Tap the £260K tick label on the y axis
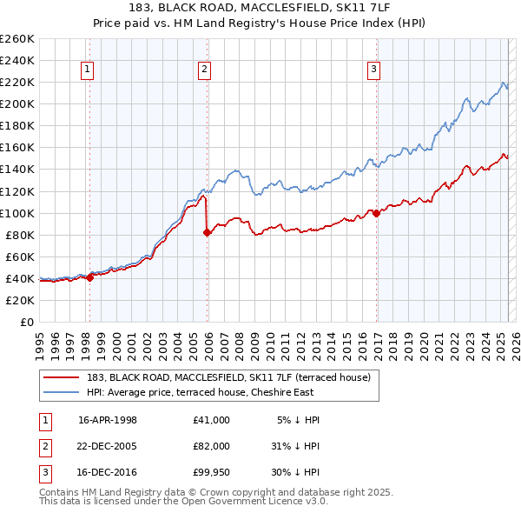pyautogui.click(x=17, y=39)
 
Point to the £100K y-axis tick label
pyautogui.click(x=17, y=213)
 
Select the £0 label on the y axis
pyautogui.click(x=27, y=322)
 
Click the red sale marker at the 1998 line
pyautogui.click(x=90, y=277)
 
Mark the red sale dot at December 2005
pyautogui.click(x=208, y=232)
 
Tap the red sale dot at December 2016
pyautogui.click(x=376, y=213)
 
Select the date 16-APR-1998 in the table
pyautogui.click(x=108, y=419)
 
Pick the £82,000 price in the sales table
pyautogui.click(x=212, y=445)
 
